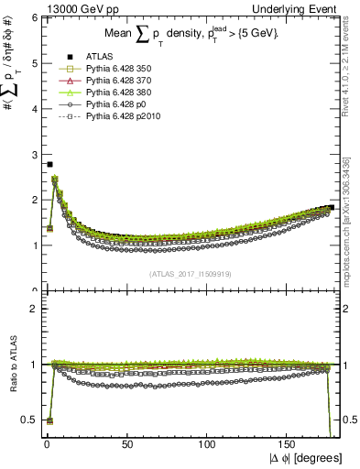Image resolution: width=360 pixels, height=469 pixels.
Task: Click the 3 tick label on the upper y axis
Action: click(x=34, y=154)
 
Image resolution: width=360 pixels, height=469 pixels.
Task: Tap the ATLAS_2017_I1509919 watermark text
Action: click(x=190, y=274)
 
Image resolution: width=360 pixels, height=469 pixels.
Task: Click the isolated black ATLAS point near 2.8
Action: click(x=49, y=164)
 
